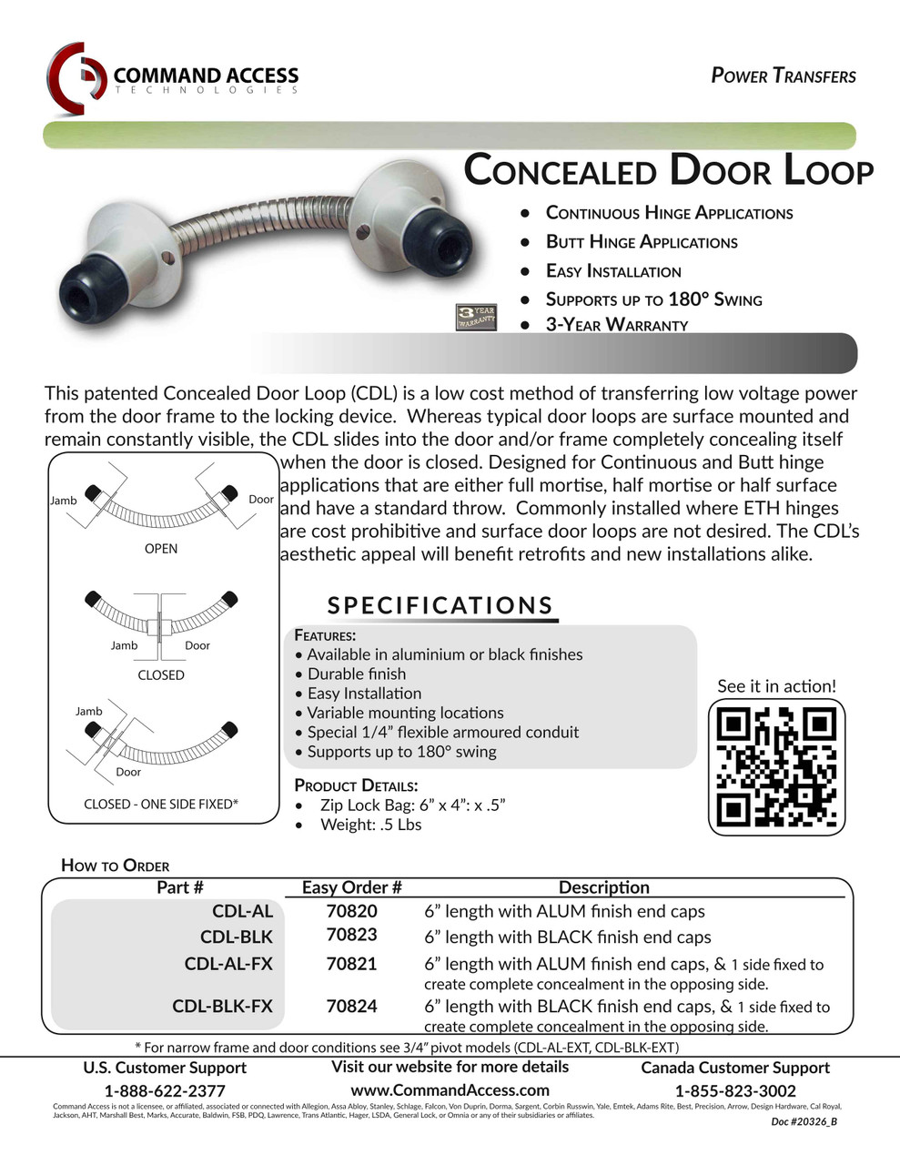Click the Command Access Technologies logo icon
[77, 78]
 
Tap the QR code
[776, 766]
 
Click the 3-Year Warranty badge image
[476, 317]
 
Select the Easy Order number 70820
[351, 911]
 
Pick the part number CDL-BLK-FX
[222, 1007]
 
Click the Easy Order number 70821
[351, 964]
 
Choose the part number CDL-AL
[242, 911]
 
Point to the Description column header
[603, 887]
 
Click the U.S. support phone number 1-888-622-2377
[165, 1090]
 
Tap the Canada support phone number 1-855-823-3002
[735, 1090]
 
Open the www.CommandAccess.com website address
[450, 1089]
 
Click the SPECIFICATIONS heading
[440, 605]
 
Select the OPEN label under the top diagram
[161, 549]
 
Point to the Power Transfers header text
[783, 76]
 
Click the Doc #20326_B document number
[804, 1121]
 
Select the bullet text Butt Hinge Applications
[641, 242]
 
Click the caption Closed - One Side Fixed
[161, 804]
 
